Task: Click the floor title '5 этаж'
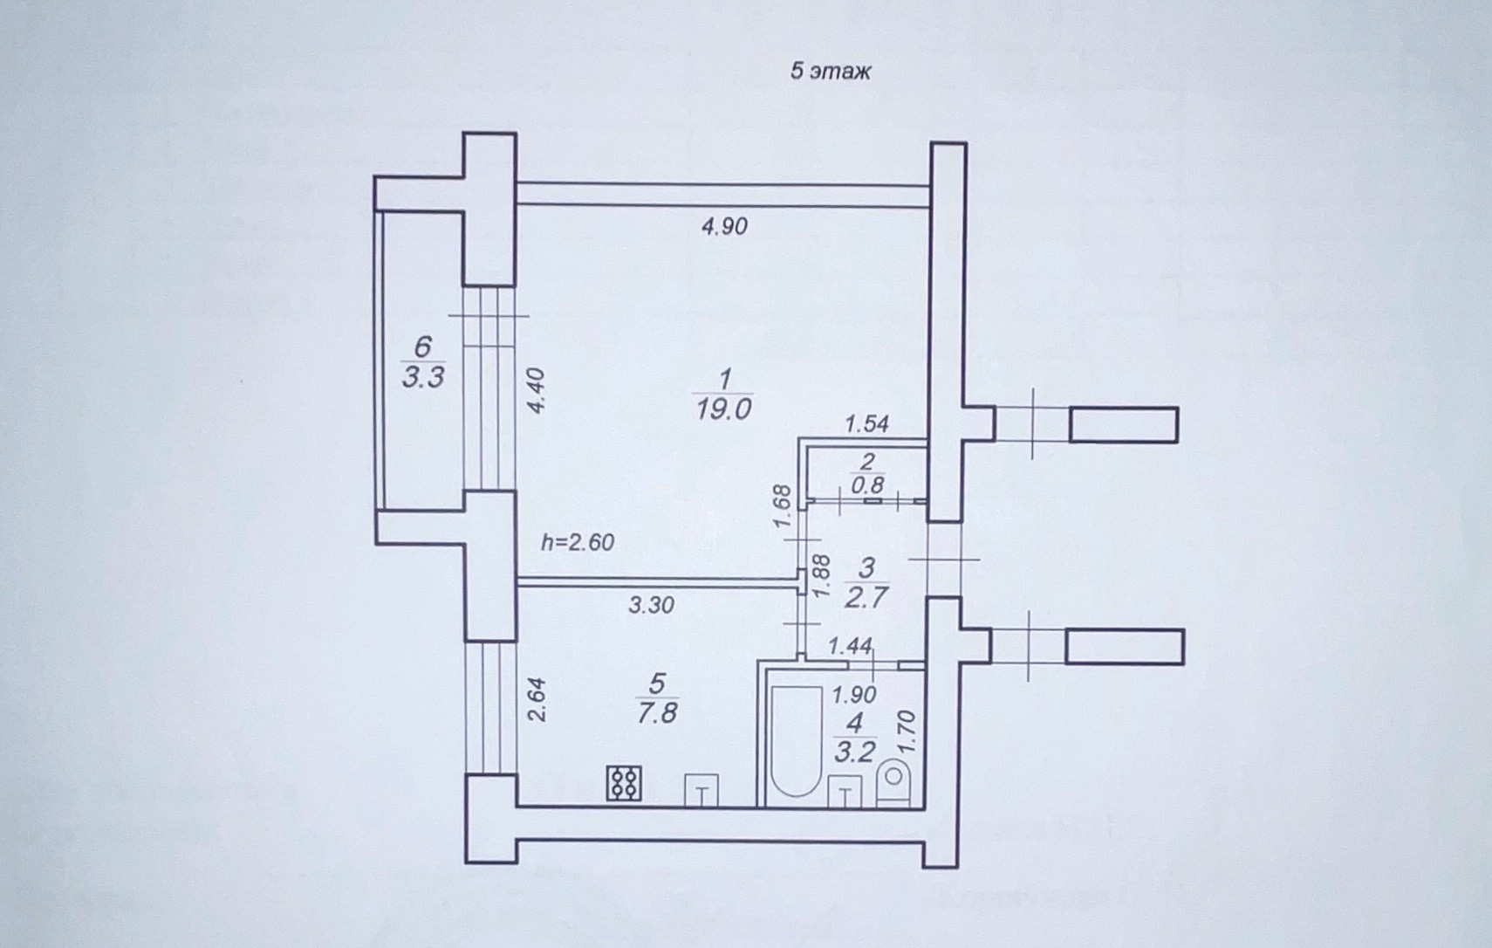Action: (830, 71)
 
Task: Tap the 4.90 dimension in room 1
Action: (724, 226)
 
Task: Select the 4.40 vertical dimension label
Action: (537, 390)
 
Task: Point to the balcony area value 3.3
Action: (423, 377)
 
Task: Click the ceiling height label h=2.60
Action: (578, 542)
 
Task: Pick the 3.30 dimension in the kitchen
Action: (651, 604)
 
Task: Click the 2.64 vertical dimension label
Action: (537, 699)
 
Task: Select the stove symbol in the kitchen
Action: (624, 783)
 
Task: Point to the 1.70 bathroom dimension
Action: (907, 732)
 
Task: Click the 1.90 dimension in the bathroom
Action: (853, 695)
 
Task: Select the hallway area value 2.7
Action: (866, 598)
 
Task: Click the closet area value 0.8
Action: (867, 484)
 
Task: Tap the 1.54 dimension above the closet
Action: (866, 423)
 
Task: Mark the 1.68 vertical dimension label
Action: (783, 506)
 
